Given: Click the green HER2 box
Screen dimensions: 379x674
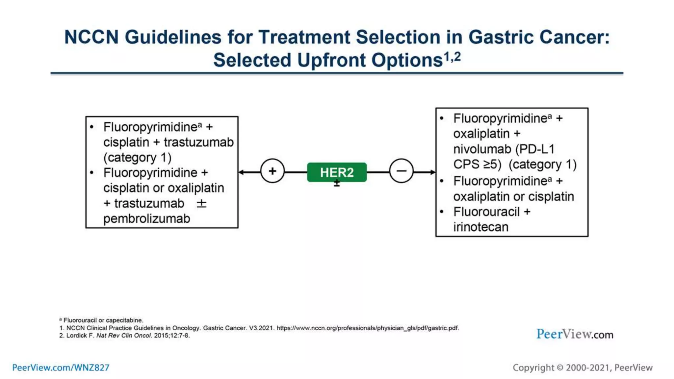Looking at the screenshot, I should pyautogui.click(x=337, y=172).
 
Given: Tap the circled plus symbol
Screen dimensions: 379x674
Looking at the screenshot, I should pyautogui.click(x=272, y=171).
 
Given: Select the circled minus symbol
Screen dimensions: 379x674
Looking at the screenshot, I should pyautogui.click(x=401, y=171).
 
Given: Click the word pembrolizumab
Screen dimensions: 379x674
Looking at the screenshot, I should pyautogui.click(x=146, y=219).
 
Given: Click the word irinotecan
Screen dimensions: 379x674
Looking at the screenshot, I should pyautogui.click(x=481, y=227).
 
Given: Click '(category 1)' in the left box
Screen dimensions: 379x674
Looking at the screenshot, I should pyautogui.click(x=137, y=158).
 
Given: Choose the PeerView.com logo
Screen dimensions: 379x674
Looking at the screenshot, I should pyautogui.click(x=575, y=334).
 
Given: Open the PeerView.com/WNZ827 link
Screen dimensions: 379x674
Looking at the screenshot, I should pyautogui.click(x=61, y=367).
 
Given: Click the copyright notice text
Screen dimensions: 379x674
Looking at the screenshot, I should pyautogui.click(x=582, y=367).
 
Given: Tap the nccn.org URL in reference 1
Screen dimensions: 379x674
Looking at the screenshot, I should pyautogui.click(x=367, y=328).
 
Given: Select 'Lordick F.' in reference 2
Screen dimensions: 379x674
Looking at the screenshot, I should pyautogui.click(x=80, y=336).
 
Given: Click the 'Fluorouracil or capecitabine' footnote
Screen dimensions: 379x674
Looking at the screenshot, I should pyautogui.click(x=103, y=320).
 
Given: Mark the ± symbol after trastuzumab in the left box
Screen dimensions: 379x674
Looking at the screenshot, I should pyautogui.click(x=201, y=204).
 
